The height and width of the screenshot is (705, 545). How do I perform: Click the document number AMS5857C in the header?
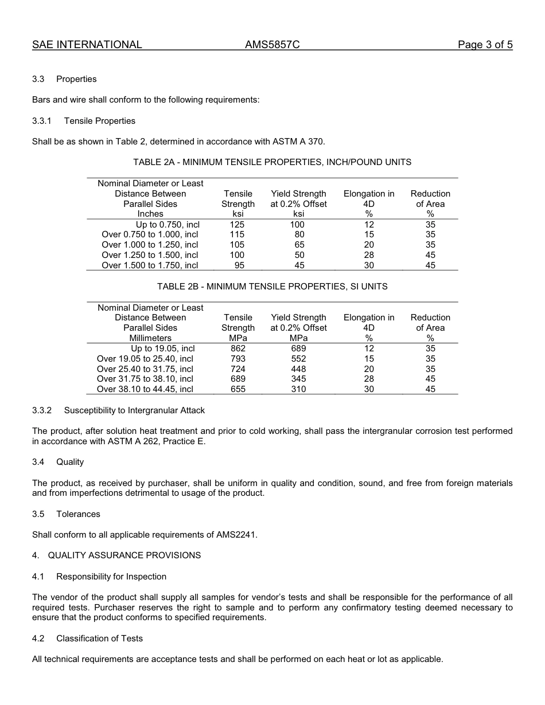(x=272, y=45)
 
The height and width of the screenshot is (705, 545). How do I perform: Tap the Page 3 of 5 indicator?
(x=485, y=45)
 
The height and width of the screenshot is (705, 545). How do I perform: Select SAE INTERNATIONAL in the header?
(x=87, y=45)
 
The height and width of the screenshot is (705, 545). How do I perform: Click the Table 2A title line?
(x=272, y=162)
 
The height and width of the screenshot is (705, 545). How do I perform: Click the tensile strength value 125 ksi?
(x=237, y=225)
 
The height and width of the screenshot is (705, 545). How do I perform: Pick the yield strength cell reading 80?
(x=299, y=234)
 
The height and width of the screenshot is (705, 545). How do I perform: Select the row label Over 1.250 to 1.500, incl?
(x=150, y=255)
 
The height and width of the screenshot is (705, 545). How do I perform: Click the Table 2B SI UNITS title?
(x=272, y=287)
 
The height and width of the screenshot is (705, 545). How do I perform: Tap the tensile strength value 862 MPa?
(x=238, y=348)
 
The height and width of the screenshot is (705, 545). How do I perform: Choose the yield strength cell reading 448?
(x=298, y=369)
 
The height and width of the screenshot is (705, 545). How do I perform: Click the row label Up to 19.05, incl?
(x=162, y=348)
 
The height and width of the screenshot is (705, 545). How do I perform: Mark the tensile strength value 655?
(x=238, y=389)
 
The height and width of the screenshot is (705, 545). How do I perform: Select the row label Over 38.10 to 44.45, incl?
(x=145, y=389)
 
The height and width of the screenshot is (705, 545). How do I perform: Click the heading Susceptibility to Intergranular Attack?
(x=134, y=410)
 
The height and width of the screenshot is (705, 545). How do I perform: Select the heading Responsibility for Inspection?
(x=111, y=577)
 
